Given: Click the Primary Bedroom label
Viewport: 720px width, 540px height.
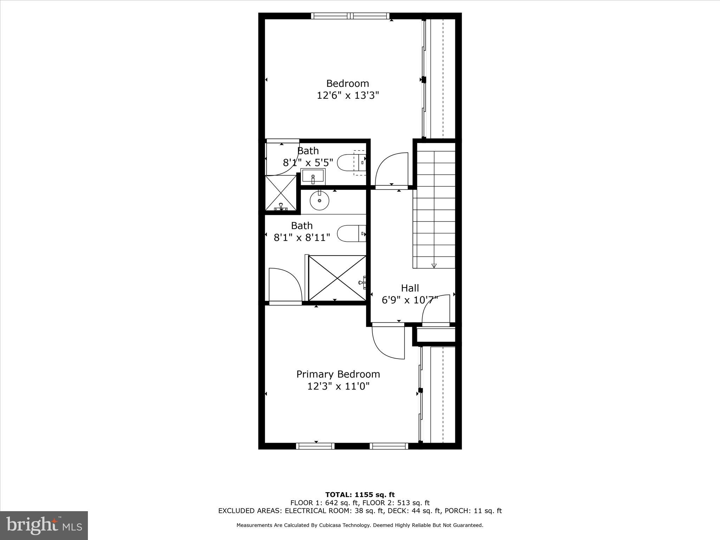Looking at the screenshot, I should [338, 374].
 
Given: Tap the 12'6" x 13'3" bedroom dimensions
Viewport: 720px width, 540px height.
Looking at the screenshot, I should [348, 96].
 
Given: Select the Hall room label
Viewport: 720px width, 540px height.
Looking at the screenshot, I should [410, 288].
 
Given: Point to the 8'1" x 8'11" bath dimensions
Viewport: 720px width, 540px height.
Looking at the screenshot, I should [302, 238].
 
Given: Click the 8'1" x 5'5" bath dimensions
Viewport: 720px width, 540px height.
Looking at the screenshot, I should [308, 163].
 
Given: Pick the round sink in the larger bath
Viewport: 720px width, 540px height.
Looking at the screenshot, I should [319, 200].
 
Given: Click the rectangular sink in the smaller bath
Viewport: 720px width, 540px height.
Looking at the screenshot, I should [313, 176].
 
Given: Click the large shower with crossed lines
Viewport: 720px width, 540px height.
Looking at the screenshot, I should [337, 278].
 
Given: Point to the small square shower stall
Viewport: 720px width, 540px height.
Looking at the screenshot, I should [281, 193].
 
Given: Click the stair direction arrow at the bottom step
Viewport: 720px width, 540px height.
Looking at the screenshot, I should [434, 266].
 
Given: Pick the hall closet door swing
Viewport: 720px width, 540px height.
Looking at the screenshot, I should [436, 310].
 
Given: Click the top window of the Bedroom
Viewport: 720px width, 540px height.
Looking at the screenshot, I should [351, 16].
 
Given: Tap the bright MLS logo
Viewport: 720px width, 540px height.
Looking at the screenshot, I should [44, 525].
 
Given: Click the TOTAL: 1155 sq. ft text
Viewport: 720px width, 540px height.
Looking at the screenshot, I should [360, 495].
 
